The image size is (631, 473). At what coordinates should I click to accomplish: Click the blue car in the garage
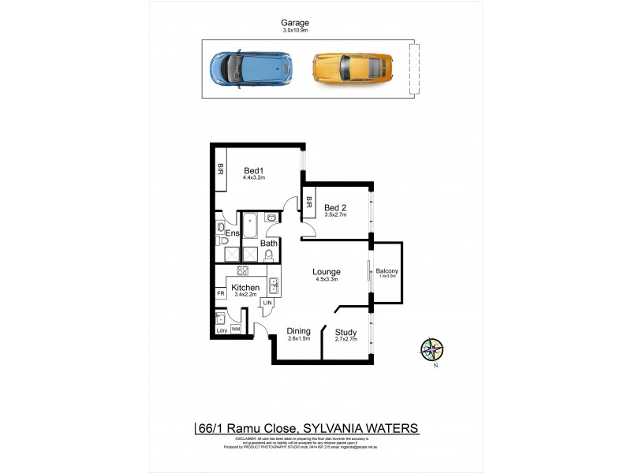pos(248,69)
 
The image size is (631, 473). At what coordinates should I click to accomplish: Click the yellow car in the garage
pos(352,69)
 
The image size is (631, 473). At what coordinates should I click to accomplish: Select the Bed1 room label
pos(253,170)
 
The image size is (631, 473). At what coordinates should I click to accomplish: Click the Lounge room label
pos(327,271)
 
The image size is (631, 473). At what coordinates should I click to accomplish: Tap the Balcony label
pos(387,271)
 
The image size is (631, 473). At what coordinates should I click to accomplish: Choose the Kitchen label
pos(245,288)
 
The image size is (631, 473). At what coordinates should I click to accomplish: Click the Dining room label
pos(298,331)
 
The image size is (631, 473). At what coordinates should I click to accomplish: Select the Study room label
pos(346,332)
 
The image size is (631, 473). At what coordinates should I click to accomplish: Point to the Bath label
pos(269,244)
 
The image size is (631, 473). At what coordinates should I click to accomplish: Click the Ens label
pos(233,234)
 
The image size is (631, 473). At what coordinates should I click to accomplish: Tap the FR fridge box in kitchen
pos(221,293)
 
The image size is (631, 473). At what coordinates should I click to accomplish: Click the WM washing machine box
pos(236,328)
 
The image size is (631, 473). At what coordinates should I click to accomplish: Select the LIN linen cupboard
pos(268,302)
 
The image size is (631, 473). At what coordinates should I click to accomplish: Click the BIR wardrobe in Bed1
pos(221,168)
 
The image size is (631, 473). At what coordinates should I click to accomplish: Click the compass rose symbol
pos(432,349)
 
